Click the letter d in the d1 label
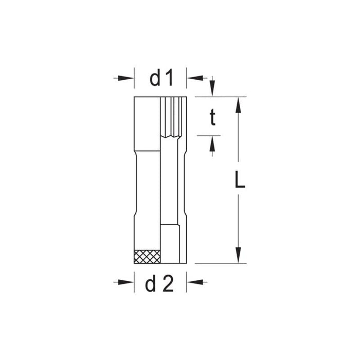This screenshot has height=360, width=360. point(155,78)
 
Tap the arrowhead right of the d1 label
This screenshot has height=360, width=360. point(195,78)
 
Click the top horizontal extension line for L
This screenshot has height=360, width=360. point(221,97)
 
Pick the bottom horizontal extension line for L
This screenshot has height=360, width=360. point(221,263)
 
